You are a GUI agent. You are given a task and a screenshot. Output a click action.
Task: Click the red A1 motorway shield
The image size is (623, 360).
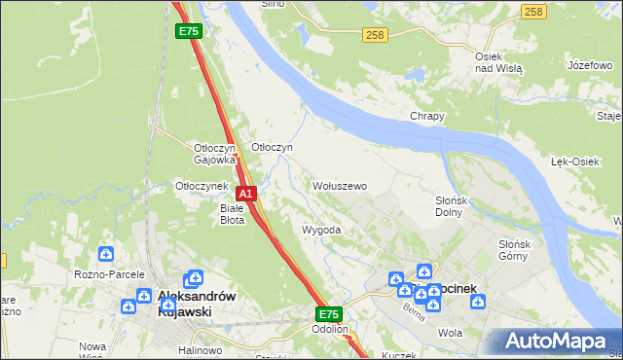[246, 194]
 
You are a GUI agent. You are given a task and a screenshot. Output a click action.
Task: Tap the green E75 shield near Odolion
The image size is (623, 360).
[329, 314]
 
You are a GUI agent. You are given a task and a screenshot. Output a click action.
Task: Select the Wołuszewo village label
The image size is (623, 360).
[339, 185]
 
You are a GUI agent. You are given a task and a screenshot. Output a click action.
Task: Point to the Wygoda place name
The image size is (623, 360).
[321, 230]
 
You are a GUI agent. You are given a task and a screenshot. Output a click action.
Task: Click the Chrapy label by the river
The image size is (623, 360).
[427, 116]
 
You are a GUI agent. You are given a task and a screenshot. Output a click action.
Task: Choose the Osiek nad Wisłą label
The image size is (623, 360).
[498, 63]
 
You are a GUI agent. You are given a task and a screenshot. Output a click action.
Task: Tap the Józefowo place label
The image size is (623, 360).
[582, 65]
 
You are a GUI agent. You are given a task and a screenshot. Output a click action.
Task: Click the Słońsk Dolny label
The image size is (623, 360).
[452, 206]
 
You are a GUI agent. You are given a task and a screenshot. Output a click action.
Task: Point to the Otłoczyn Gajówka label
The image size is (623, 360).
[215, 153]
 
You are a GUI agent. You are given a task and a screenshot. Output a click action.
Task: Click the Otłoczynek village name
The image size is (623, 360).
[201, 186]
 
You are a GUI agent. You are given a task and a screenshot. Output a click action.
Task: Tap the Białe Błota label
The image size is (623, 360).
[232, 213]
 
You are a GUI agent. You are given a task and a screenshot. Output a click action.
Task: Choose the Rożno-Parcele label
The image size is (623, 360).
[109, 275]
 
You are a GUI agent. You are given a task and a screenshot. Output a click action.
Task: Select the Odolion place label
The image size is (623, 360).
[330, 329]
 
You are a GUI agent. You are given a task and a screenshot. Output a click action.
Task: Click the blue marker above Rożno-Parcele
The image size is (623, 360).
[105, 254]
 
